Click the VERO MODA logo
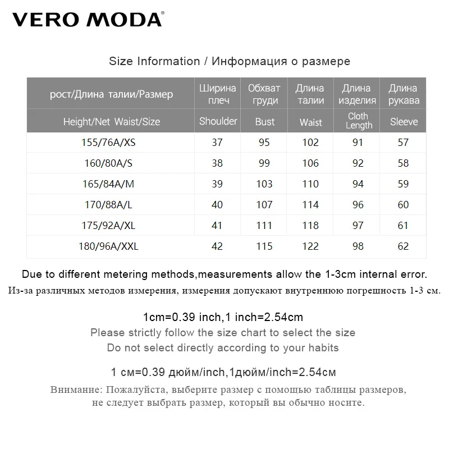(88, 20)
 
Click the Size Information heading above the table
(230, 61)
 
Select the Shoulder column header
(218, 121)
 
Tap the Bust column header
(265, 122)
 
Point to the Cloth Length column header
(359, 121)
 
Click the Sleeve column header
(404, 122)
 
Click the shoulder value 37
(217, 143)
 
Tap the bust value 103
(264, 184)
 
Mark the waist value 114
(310, 205)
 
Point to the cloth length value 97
(358, 226)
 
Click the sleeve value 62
(403, 246)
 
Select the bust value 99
(264, 163)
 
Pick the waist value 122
(310, 246)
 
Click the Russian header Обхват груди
(264, 94)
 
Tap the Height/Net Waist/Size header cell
(112, 122)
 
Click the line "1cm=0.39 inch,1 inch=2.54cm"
(223, 317)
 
